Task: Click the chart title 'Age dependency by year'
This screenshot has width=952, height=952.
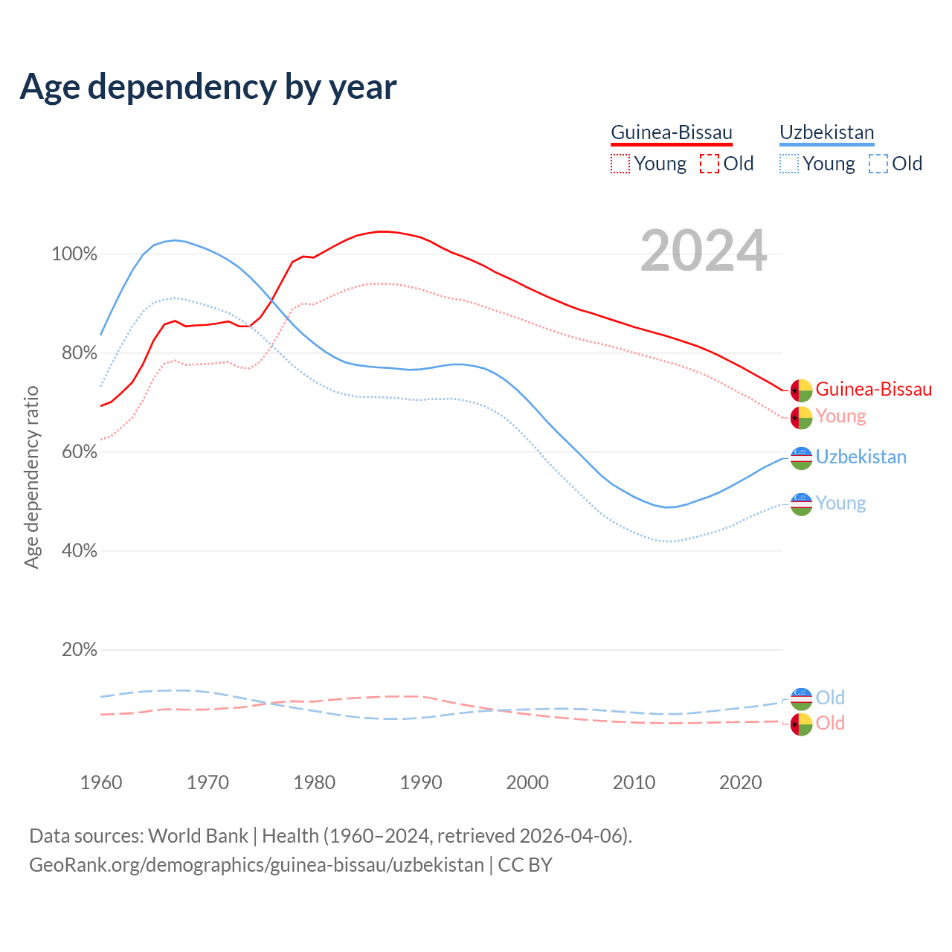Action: coord(208,87)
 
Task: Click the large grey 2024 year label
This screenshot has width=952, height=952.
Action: coord(704,251)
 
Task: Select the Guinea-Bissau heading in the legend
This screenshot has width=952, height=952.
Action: coord(672,132)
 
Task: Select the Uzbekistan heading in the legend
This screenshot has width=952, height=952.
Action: coord(826,132)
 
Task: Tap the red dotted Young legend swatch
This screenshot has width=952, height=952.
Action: coord(620,164)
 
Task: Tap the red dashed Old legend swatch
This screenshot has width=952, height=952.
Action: coord(710,164)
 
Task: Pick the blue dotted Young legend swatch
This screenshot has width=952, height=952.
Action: coord(789,164)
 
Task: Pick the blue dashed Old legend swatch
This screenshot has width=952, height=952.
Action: coord(878,164)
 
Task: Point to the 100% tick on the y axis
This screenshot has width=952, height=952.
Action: coord(74,254)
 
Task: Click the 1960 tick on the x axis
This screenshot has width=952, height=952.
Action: coord(101,782)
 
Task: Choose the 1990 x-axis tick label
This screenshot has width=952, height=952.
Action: coord(421,782)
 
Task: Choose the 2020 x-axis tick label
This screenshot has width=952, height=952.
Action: coord(741,782)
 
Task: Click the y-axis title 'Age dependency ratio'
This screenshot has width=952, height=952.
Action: coord(31,477)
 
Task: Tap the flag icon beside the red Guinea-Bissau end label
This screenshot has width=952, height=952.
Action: coord(801,390)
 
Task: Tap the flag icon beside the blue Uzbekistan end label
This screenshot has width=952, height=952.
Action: coord(801,458)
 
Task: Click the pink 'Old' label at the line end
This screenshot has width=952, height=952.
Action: coord(830,723)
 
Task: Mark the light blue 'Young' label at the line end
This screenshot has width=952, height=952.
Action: coord(840,503)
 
